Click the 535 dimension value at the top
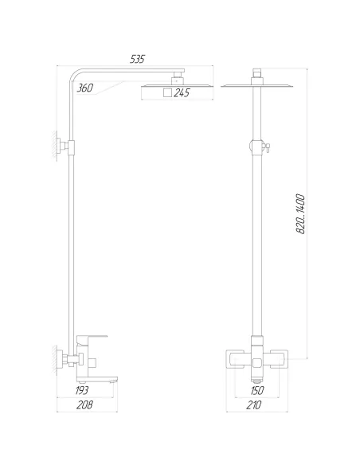(137, 58)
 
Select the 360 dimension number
(87, 89)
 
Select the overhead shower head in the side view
(177, 84)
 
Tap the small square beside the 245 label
(166, 94)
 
